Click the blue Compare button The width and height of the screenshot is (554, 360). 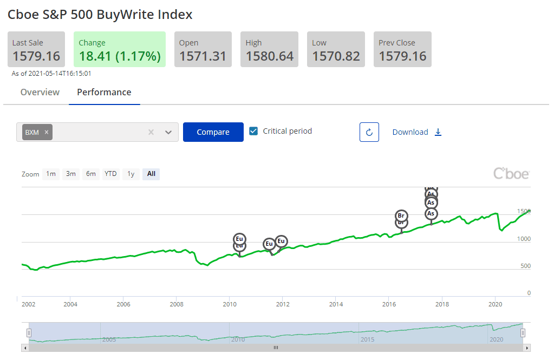tap(213, 132)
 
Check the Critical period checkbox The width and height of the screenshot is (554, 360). tap(253, 131)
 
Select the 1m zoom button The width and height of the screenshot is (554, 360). tap(51, 174)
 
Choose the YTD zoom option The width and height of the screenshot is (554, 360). tap(110, 174)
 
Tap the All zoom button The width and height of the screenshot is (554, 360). tap(151, 174)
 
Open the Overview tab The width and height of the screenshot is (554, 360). tap(40, 92)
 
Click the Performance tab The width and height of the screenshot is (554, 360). tap(104, 92)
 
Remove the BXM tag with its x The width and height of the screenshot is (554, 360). tap(47, 132)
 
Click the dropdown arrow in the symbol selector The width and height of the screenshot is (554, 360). tap(168, 132)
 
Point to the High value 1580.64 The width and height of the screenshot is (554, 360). tap(270, 56)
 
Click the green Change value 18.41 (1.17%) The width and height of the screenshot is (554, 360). tap(120, 56)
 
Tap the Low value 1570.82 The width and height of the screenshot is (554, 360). tap(336, 56)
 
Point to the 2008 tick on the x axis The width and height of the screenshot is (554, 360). tap(176, 304)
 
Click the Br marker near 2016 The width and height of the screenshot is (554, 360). tap(401, 216)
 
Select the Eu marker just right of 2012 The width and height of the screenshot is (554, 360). tap(281, 241)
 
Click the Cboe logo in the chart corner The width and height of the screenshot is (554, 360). tap(511, 174)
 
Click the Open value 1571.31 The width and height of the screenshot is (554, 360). tap(203, 56)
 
